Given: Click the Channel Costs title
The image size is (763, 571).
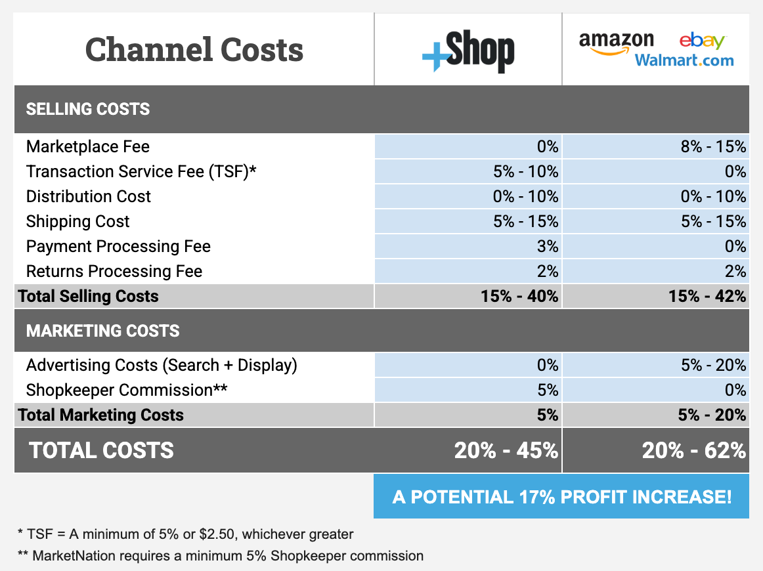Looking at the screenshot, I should pos(194,50).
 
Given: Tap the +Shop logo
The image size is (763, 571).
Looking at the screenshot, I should pos(468,53).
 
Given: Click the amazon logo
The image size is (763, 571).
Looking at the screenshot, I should pos(616,42).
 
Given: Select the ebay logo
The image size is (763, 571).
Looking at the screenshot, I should pos(702,41).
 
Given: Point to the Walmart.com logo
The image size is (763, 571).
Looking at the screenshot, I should pos(684,61).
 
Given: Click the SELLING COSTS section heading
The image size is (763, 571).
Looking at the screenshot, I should pos(88,109).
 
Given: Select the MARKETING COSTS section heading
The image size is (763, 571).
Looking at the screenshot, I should pos(102,331).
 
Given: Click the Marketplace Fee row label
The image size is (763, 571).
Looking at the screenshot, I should pos(88,146).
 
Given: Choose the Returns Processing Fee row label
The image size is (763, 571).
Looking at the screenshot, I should pos(114,272).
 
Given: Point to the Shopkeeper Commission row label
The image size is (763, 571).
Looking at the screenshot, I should pos(127,390).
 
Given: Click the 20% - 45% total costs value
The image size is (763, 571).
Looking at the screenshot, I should pos(506,451).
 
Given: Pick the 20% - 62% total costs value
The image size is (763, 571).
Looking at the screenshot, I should pos(693,451).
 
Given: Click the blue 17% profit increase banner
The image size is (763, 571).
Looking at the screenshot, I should pos(561,496).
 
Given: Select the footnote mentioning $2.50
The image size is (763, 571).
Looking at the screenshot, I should pos(186,534).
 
